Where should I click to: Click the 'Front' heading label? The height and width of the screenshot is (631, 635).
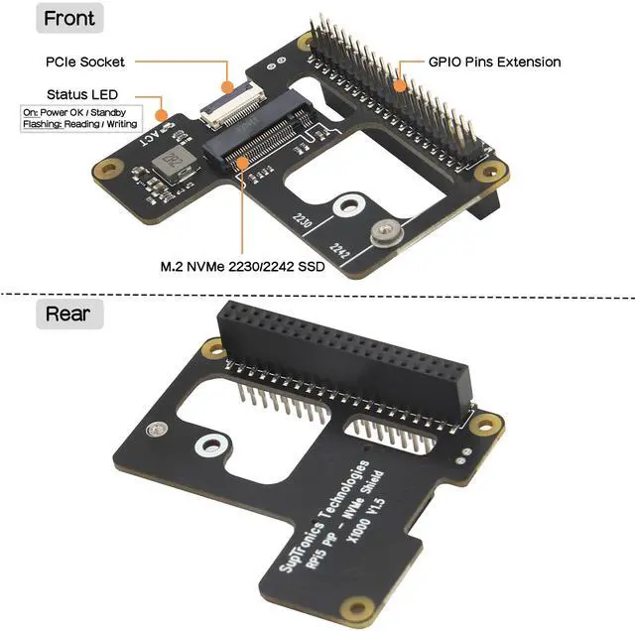[70, 18]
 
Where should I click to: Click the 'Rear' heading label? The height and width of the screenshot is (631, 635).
[68, 315]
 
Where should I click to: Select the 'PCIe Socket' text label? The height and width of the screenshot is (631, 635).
[85, 62]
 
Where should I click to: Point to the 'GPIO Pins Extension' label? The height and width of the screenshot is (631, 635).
[494, 62]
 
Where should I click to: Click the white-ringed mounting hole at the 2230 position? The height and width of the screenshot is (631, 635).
[346, 205]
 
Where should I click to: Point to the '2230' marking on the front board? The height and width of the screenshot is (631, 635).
[303, 221]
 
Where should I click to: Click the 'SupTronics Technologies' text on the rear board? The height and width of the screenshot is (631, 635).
[319, 515]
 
